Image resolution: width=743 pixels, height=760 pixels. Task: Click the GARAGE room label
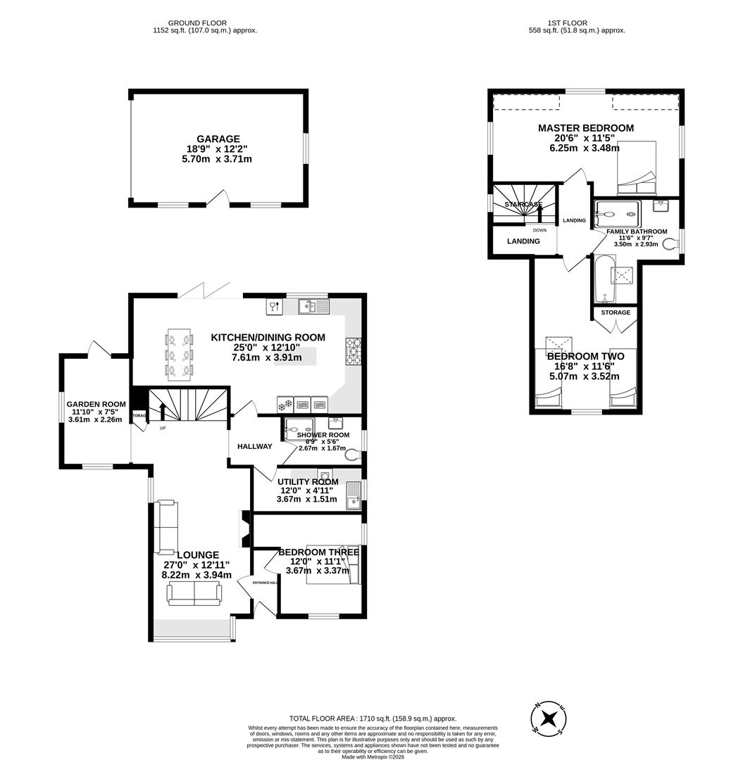pos(218,139)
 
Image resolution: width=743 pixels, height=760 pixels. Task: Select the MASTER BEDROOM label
pos(585,128)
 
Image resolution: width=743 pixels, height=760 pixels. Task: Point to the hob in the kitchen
pos(353,351)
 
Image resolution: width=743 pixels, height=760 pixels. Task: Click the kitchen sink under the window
pos(313,306)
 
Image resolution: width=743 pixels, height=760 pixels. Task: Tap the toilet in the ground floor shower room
pos(352,455)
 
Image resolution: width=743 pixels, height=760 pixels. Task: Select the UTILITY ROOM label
pos(308,482)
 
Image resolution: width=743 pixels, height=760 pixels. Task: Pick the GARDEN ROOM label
pos(96,404)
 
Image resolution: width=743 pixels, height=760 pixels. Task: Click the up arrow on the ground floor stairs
pos(161,411)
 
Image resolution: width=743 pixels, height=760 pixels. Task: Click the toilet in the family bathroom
pos(670,243)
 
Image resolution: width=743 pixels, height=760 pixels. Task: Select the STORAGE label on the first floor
pos(615,312)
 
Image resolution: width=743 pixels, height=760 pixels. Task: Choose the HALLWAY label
pos(254,446)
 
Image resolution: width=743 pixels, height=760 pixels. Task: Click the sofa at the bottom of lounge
pos(193,595)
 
